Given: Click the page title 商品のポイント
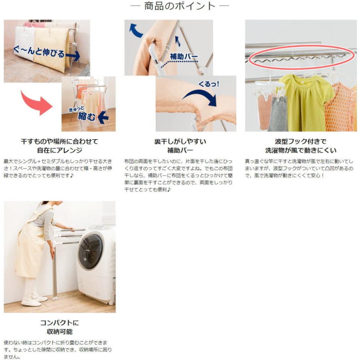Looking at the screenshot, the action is coord(180,6).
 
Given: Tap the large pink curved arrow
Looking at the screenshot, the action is coord(37,102).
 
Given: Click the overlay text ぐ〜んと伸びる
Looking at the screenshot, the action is coord(39,52).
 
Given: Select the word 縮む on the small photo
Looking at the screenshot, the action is coord(86,116).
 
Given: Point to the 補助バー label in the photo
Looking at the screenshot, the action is coord(184,56).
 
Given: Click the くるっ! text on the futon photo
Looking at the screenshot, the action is coord(208,84).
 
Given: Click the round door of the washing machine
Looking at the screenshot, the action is coord(90,252).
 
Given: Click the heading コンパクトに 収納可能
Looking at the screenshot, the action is coord(60,327).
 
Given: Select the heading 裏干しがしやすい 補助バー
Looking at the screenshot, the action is coord(180,146).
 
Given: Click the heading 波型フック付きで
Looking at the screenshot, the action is coord(300,142).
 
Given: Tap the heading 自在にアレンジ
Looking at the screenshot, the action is coord(60,150).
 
